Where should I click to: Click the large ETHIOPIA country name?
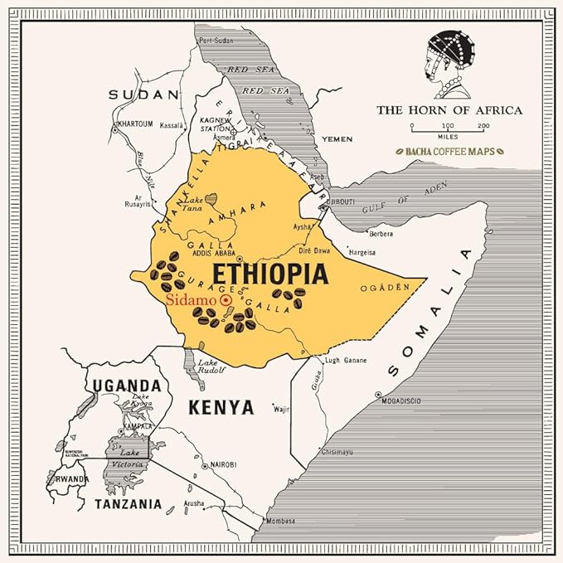pos(270,274)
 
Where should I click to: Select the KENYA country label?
pos(221,407)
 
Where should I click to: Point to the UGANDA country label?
pos(126,386)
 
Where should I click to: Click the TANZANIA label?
pos(128,503)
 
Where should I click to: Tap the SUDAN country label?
pos(144,95)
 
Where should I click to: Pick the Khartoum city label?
pos(135,124)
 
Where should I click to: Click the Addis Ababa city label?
pos(214,252)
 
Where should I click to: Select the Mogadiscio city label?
pos(400,401)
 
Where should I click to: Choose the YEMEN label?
pos(337,138)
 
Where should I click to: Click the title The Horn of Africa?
pos(449,109)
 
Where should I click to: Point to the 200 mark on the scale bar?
pos(483,125)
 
